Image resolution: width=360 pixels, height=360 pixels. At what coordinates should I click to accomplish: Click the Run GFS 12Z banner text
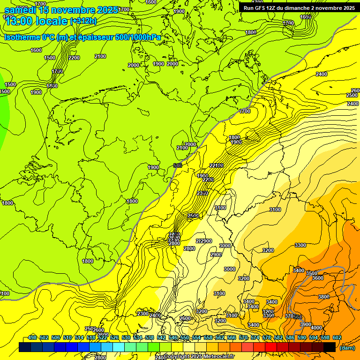[x=299, y=8]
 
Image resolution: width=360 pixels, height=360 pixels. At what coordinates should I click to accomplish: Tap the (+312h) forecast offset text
[x=83, y=21]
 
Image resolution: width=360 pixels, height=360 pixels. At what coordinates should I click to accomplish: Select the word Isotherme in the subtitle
[x=22, y=37]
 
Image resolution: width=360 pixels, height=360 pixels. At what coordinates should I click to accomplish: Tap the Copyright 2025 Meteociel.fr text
[x=198, y=356]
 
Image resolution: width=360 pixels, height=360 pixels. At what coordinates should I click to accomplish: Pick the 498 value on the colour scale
[x=32, y=337]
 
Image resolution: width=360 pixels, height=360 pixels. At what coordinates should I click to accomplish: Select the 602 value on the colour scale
[x=337, y=337]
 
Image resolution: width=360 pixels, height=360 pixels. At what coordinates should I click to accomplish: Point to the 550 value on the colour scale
[x=185, y=337]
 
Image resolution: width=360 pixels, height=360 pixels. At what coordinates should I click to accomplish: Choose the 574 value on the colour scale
[x=255, y=337]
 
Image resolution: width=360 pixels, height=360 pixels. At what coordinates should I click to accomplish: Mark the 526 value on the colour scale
[x=114, y=337]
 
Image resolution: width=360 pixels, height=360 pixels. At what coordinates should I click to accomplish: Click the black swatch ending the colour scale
[x=330, y=347]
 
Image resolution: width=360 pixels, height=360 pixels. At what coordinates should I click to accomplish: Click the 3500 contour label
[x=312, y=273]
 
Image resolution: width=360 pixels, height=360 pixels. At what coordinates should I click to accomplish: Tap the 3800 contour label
[x=324, y=297]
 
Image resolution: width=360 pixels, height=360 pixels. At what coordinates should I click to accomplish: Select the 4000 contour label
[x=316, y=328]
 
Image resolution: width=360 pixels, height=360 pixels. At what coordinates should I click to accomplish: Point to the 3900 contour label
[x=306, y=324]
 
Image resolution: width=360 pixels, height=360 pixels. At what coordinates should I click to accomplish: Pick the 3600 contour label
[x=318, y=278]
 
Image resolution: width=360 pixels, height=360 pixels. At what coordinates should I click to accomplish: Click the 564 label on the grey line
[x=297, y=317]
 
